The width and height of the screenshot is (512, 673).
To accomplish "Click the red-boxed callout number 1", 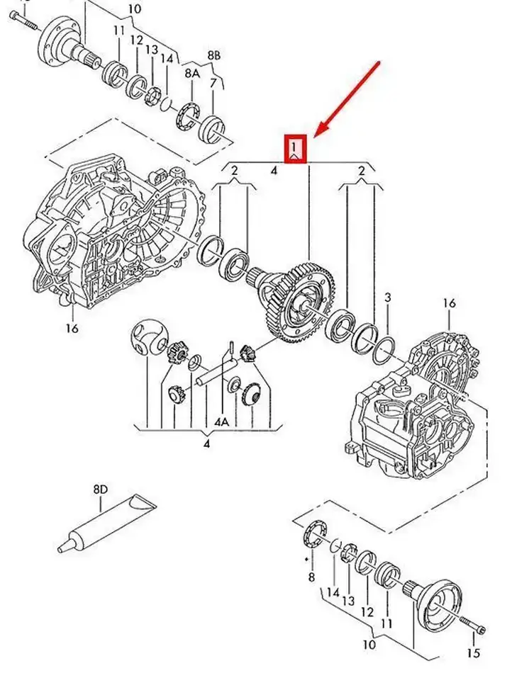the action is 294,149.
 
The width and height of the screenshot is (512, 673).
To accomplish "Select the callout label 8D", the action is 101,490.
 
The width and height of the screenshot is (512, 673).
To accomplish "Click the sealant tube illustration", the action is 107,524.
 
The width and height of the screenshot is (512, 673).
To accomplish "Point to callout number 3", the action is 387,297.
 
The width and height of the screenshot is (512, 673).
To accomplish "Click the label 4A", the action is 222,422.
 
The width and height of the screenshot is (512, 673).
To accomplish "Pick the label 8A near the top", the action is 192,74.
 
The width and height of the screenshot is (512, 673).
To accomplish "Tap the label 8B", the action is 214,55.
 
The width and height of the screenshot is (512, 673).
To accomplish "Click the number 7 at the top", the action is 213,84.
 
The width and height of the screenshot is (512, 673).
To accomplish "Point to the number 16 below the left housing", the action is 72,328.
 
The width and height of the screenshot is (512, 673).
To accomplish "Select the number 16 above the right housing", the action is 449,303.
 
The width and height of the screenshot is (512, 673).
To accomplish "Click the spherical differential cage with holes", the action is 149,338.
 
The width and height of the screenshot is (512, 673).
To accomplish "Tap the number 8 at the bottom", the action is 311,577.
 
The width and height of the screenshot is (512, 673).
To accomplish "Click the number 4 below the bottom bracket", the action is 206,443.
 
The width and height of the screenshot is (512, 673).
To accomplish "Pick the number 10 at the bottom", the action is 369,644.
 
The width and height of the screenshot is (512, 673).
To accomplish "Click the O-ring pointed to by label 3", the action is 384,350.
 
